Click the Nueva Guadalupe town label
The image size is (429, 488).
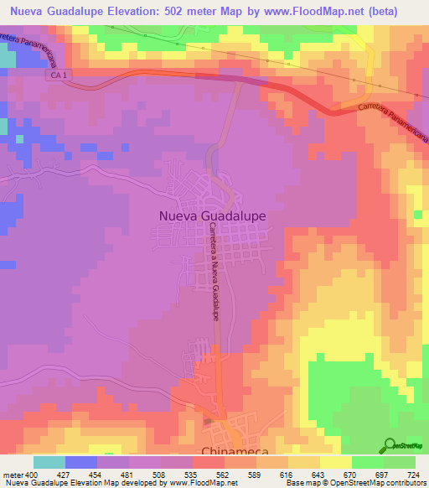pos(212,215)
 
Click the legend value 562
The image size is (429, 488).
pos(224,474)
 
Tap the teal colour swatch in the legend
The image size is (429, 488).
pos(49,461)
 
